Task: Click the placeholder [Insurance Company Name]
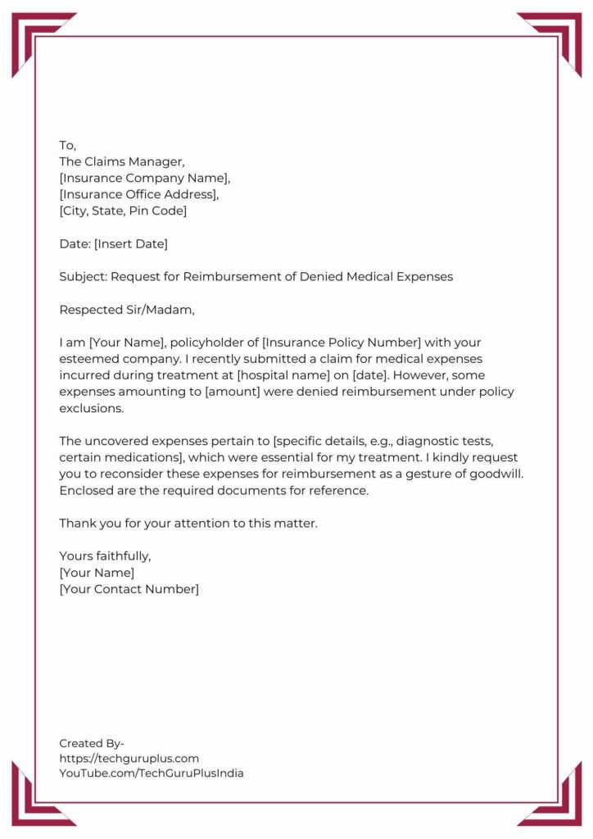(x=145, y=178)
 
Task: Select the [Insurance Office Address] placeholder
(x=139, y=194)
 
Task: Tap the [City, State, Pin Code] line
(x=123, y=211)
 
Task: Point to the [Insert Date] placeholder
(x=131, y=243)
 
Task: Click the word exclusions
(x=91, y=408)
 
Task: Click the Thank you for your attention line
(x=188, y=523)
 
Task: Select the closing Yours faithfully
(x=105, y=556)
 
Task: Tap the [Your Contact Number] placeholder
(x=129, y=589)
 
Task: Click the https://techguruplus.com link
(x=129, y=758)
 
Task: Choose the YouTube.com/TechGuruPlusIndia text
(x=152, y=773)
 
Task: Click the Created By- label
(x=91, y=743)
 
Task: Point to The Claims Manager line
(x=128, y=161)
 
